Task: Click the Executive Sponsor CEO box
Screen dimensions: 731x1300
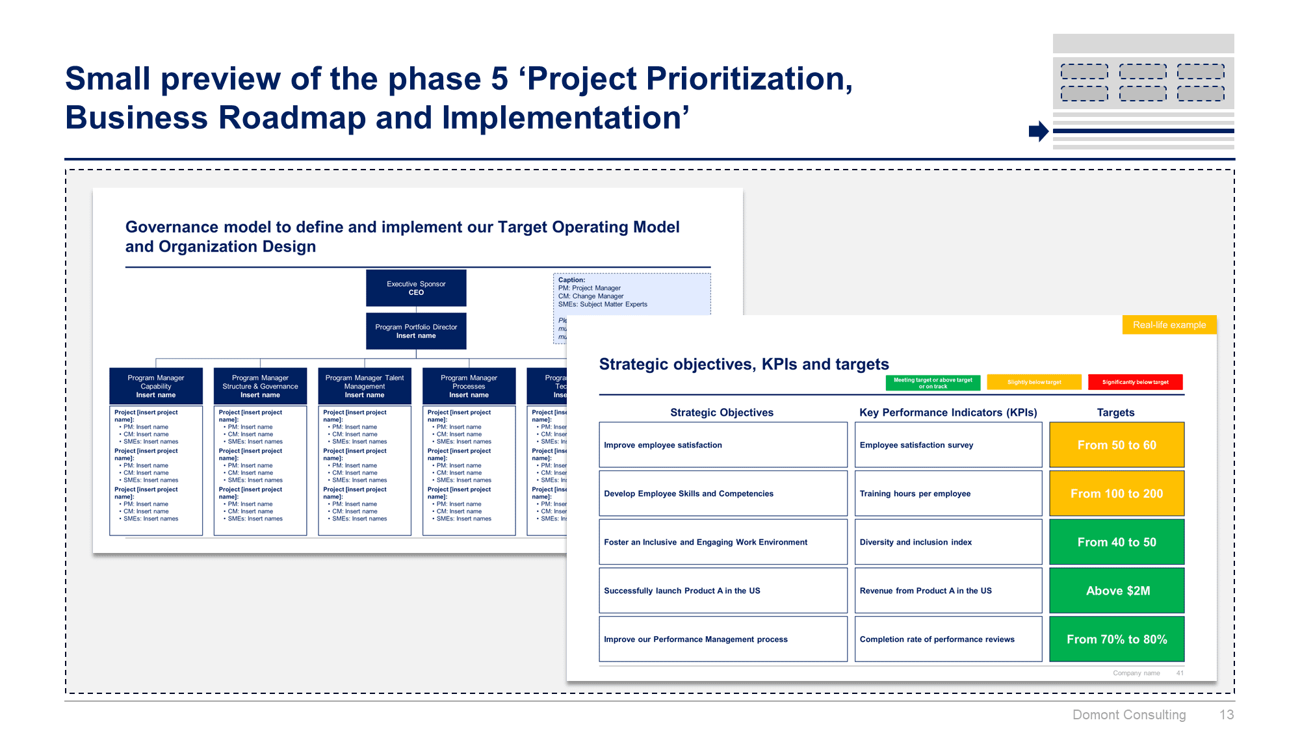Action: pos(416,288)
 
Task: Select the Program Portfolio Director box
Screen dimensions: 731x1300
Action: pos(416,331)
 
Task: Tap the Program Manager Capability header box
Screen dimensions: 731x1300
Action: pos(156,386)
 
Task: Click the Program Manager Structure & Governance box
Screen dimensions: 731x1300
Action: pos(260,386)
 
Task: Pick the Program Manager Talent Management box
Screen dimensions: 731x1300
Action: pos(365,386)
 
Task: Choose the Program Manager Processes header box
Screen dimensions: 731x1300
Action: pos(469,386)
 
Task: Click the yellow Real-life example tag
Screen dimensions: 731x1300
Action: pos(1169,325)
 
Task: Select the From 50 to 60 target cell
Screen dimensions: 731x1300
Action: pos(1117,445)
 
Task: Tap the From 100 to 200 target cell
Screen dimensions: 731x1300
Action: pos(1117,494)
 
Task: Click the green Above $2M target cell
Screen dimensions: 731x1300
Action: pos(1117,591)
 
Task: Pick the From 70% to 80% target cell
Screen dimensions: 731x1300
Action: pos(1117,639)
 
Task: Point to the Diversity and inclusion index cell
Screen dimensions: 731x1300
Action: pos(948,542)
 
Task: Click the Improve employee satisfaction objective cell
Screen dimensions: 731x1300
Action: pos(723,445)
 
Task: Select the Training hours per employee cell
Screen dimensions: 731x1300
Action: pos(948,494)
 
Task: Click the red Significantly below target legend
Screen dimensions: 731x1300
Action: pos(1135,382)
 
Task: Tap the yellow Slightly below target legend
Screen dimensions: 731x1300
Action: pos(1034,382)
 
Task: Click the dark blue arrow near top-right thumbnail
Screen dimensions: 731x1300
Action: pos(1038,131)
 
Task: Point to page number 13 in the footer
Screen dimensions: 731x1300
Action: pos(1226,715)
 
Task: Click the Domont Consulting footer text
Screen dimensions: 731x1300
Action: pos(1129,715)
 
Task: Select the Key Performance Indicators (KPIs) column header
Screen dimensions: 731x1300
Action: pos(948,413)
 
